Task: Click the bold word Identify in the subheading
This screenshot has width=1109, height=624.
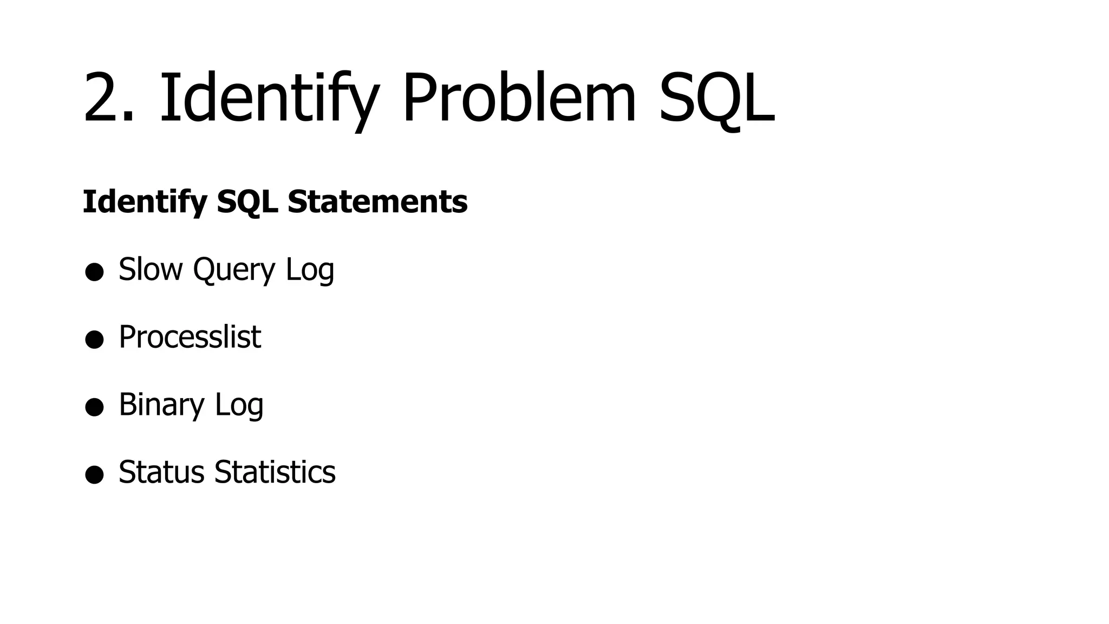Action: pyautogui.click(x=145, y=201)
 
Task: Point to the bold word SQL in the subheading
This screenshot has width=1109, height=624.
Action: pyautogui.click(x=247, y=201)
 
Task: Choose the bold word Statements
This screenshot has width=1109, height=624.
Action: pyautogui.click(x=377, y=201)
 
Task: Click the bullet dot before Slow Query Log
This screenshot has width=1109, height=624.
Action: pyautogui.click(x=94, y=272)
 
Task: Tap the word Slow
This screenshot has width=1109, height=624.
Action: pyautogui.click(x=151, y=269)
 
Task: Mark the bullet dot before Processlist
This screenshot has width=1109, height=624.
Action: pyautogui.click(x=94, y=340)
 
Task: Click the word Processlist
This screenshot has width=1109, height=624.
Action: pyautogui.click(x=190, y=337)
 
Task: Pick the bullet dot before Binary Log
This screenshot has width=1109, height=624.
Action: pyautogui.click(x=94, y=407)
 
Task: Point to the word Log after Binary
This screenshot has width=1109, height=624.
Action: pyautogui.click(x=239, y=405)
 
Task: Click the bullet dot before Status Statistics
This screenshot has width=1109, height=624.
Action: pyautogui.click(x=94, y=474)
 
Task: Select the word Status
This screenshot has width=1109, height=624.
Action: pyautogui.click(x=161, y=472)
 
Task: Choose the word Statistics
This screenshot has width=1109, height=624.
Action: pyautogui.click(x=275, y=472)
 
